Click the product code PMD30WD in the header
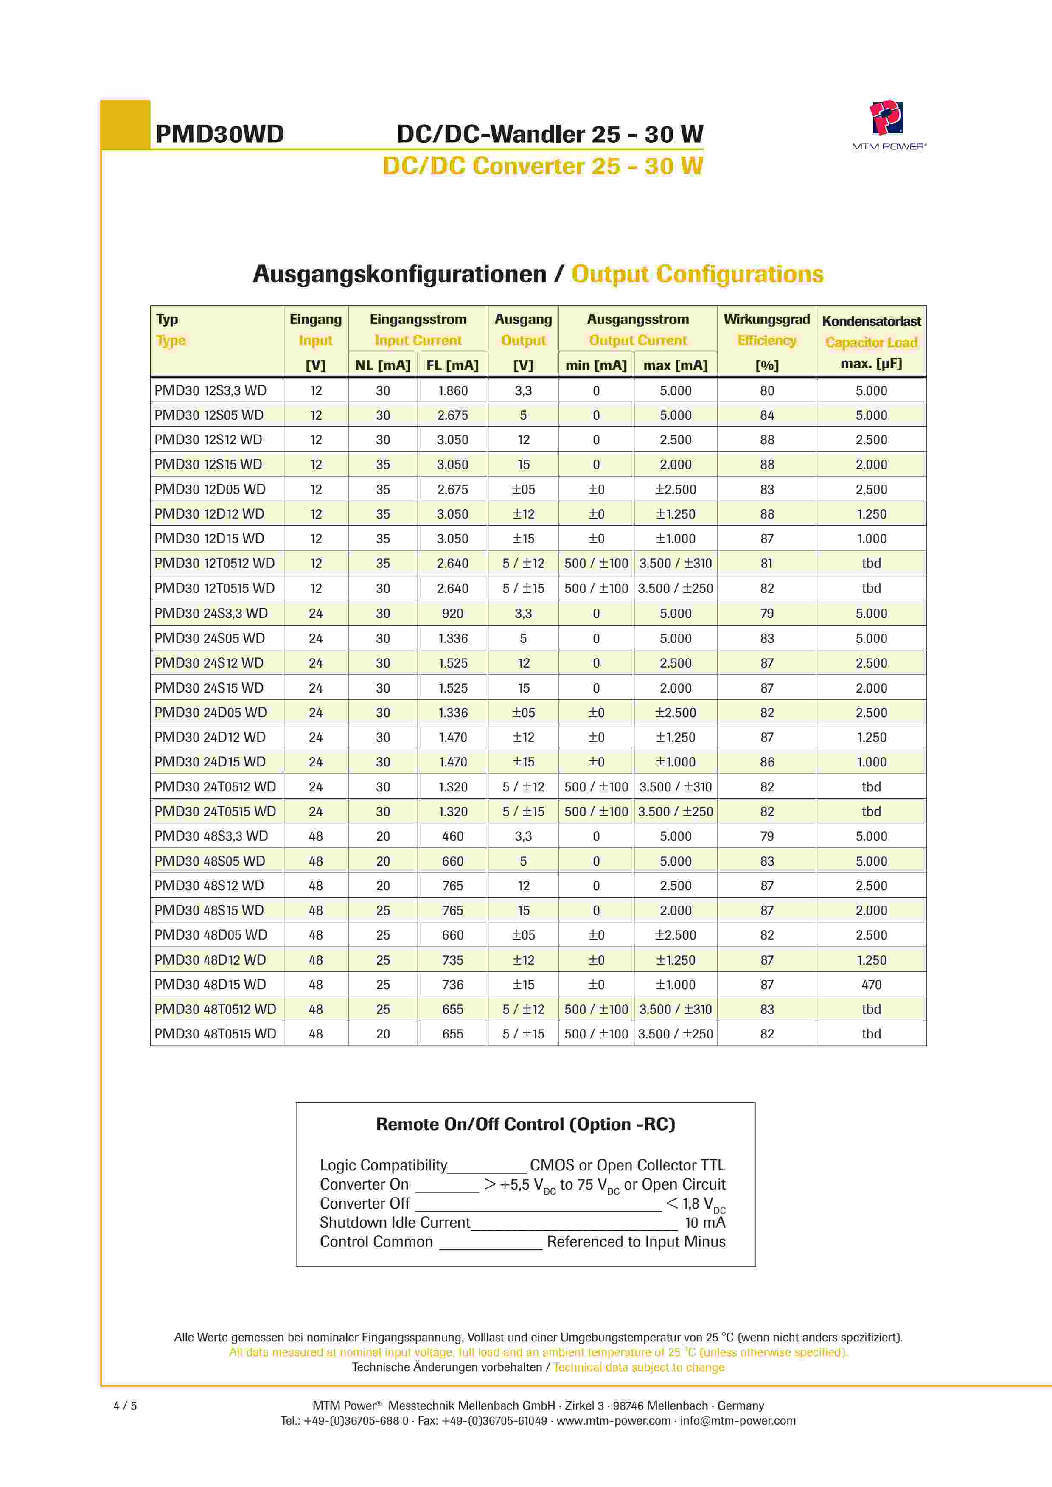219,134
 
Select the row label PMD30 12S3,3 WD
210,390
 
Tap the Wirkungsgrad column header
766,319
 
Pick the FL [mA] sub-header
452,365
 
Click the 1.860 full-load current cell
452,390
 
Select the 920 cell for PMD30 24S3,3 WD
452,613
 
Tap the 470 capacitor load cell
871,985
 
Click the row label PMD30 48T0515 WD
215,1034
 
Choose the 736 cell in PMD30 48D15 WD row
452,985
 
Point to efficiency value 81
766,564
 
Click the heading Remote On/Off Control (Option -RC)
525,1124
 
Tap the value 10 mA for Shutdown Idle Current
705,1223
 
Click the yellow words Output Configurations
697,274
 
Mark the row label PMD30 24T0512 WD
215,787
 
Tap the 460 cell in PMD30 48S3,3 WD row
452,836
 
